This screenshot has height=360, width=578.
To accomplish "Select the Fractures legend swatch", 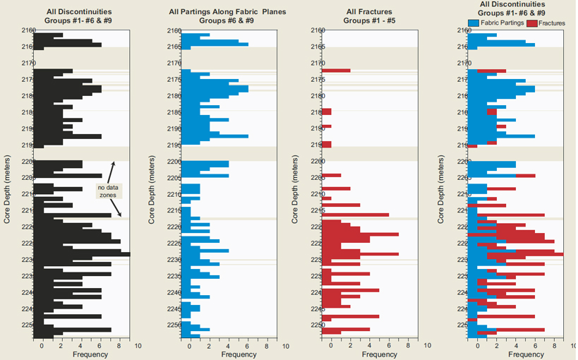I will point(531,24).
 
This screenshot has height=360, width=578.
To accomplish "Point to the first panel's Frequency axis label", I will point(90,354).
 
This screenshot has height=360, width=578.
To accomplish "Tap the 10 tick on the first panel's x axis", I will point(138,346).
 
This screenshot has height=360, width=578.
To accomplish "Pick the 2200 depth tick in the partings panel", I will point(173,162).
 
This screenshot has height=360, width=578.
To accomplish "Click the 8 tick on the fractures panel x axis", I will point(408,346).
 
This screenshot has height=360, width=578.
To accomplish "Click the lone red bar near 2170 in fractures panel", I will point(336,71).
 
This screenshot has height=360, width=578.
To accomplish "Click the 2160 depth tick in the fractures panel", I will point(318,31).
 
